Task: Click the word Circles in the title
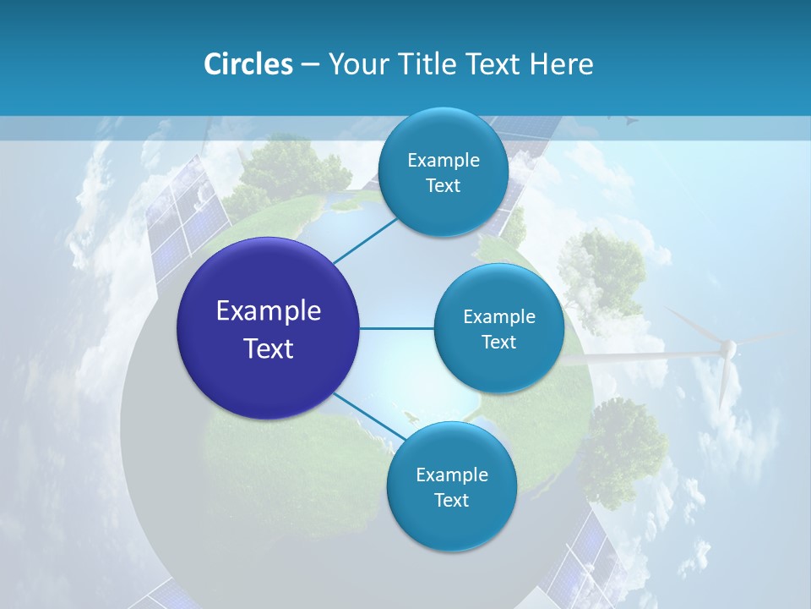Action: click(248, 64)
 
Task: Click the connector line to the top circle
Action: click(365, 240)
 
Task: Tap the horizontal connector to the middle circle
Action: click(397, 328)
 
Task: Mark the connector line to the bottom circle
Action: click(368, 416)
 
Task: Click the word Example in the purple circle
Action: click(269, 311)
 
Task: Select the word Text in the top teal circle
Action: click(443, 186)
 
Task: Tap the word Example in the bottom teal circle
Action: click(451, 475)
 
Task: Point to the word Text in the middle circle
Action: click(498, 343)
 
